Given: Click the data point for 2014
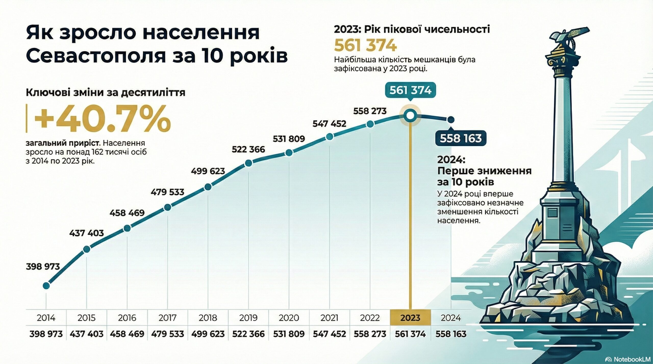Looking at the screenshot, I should tap(46, 286).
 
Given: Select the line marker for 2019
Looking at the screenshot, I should tap(248, 163).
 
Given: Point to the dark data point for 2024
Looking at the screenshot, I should tap(451, 119).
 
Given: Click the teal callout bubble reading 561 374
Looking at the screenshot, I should tap(410, 90).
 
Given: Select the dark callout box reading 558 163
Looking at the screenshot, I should tap(460, 138).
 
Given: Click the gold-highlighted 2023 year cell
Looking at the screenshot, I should tap(410, 318).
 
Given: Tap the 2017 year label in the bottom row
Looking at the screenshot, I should tap(168, 318).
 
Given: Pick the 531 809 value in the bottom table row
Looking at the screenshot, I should tap(289, 334).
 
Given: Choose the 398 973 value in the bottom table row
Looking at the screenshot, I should tap(46, 334).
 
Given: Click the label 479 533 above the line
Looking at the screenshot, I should tap(167, 192).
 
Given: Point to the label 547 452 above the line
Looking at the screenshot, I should tap(329, 124).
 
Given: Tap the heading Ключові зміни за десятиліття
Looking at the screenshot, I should tap(105, 92).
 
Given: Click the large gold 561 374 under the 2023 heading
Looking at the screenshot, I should tap(365, 46).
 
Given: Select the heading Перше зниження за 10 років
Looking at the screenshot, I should tap(484, 176).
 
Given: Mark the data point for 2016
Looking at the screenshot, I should tap(127, 228).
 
